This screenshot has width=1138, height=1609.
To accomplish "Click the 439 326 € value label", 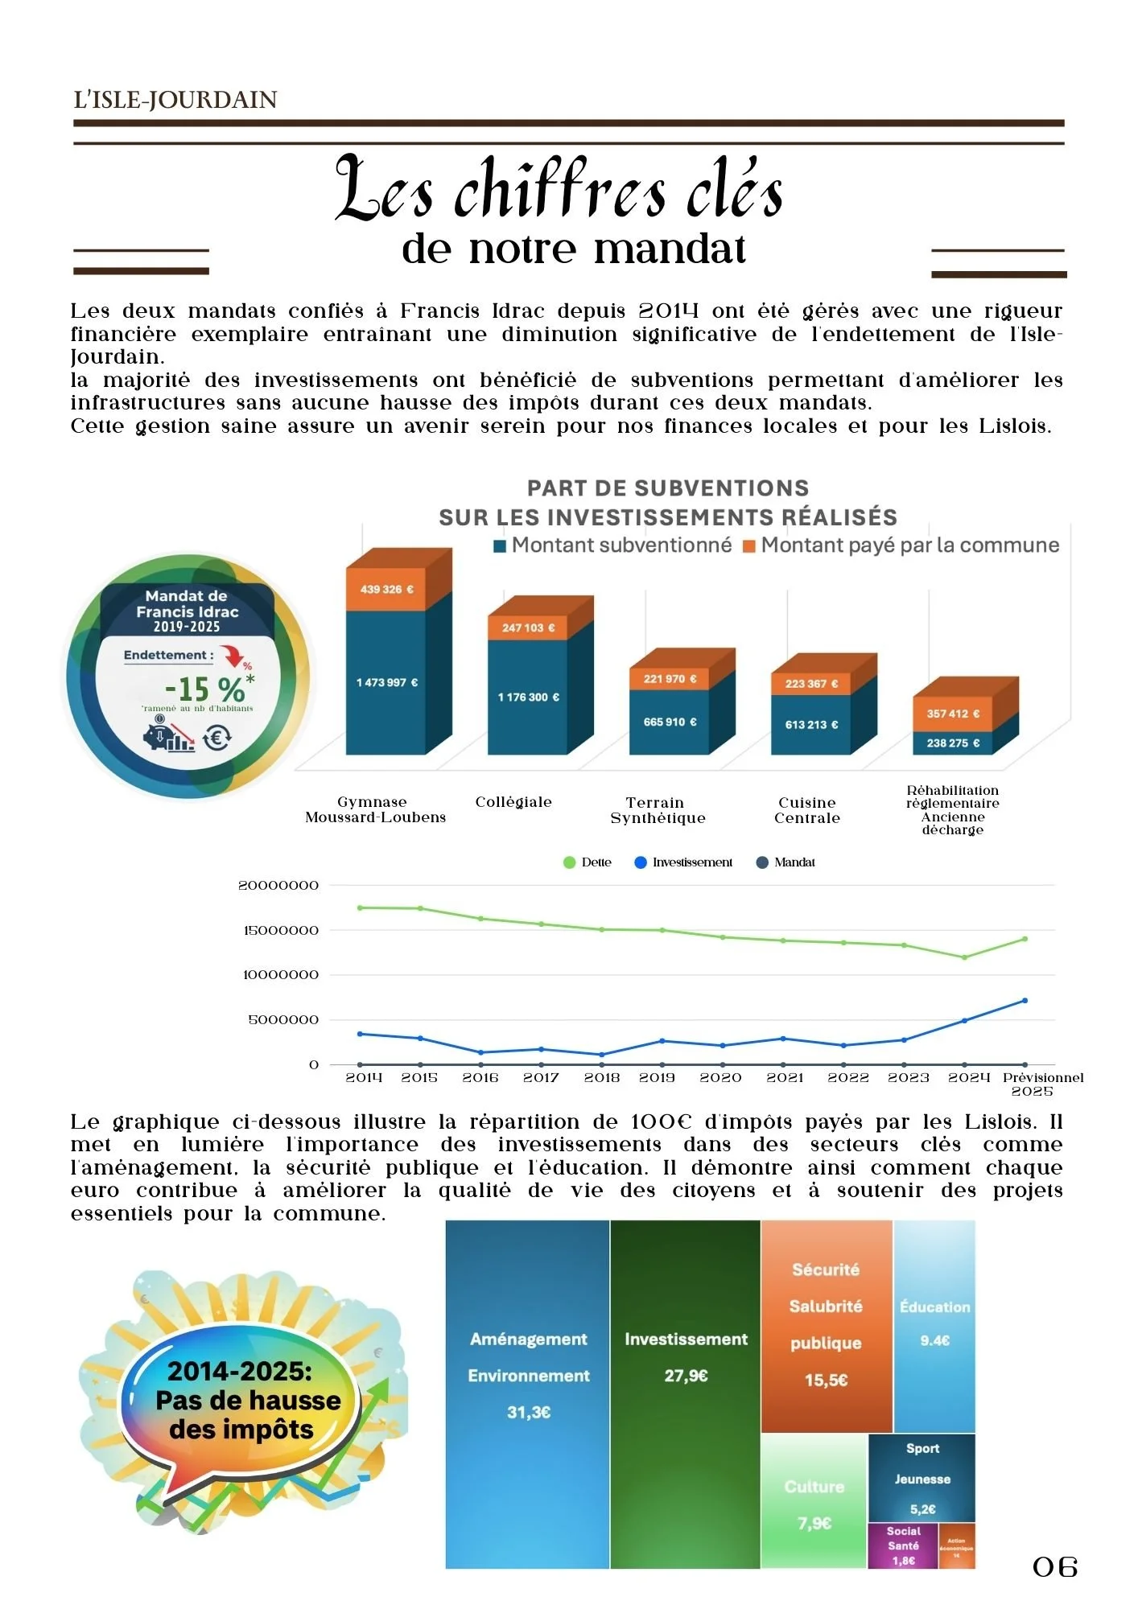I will point(386,590).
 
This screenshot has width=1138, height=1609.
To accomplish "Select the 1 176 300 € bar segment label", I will point(528,698).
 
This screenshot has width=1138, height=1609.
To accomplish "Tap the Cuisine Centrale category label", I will point(807,810).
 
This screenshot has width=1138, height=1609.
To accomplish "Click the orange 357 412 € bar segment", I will point(953,714).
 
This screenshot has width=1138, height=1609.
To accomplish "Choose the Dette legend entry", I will point(588,862).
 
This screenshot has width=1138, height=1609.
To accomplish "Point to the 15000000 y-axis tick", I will point(281,931).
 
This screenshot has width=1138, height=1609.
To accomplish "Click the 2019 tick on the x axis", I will point(657,1078).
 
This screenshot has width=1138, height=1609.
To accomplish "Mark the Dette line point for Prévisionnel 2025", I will point(1025,939).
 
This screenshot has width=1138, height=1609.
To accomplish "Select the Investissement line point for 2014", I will point(360,1034).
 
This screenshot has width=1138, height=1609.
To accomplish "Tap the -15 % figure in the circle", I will point(204,689).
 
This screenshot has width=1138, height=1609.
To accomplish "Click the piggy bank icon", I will point(161,736).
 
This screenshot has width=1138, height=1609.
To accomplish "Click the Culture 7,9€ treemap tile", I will point(814,1503).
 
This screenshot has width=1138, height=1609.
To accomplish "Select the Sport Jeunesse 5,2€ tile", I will point(922,1479).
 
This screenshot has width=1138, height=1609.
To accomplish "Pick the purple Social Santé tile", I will point(903,1545).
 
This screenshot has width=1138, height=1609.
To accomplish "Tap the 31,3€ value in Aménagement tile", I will point(529,1413).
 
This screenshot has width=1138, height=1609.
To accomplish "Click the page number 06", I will point(1055,1567).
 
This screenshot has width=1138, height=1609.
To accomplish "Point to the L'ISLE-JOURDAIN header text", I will point(175,100).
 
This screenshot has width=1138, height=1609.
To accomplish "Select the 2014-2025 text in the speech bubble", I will point(239,1371).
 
